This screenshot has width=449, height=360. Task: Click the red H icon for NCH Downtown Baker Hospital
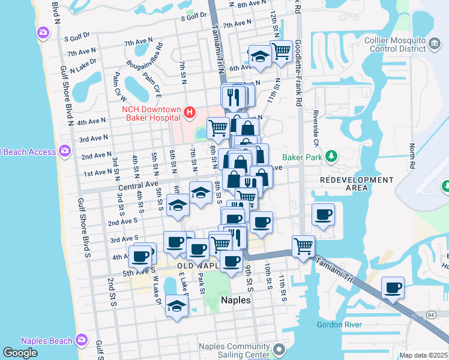pos(190,112)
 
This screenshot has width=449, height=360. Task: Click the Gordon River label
pos(339,325)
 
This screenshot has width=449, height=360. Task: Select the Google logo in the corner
pos(20,353)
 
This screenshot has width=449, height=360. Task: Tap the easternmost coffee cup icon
pos(393,289)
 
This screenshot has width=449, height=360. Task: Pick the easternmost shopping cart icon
pos(303,245)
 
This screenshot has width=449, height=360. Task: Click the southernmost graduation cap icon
pos(176,306)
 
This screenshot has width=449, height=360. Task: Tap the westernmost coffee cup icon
pos(140,256)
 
